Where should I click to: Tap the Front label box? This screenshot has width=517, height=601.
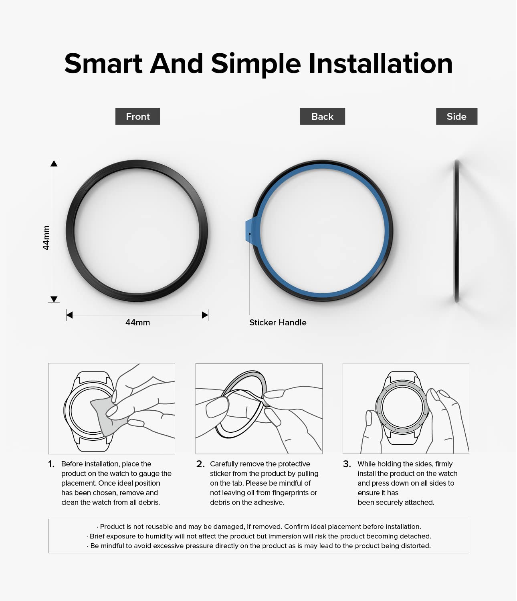(x=137, y=116)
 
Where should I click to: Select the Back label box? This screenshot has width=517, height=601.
(x=322, y=116)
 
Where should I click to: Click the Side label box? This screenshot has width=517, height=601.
(x=456, y=116)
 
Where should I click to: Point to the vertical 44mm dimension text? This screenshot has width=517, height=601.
(x=46, y=238)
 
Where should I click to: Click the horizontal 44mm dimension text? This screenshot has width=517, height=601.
(x=137, y=323)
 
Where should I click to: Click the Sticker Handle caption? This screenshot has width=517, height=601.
(x=278, y=323)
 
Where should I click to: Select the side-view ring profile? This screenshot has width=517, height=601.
(x=456, y=231)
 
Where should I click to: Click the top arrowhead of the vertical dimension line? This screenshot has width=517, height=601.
(x=54, y=163)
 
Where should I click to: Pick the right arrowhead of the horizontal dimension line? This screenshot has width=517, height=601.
(x=205, y=315)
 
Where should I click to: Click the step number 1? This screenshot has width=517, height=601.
(x=51, y=464)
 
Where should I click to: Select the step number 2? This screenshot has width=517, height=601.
(x=200, y=464)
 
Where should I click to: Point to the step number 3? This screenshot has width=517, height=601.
(x=347, y=464)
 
